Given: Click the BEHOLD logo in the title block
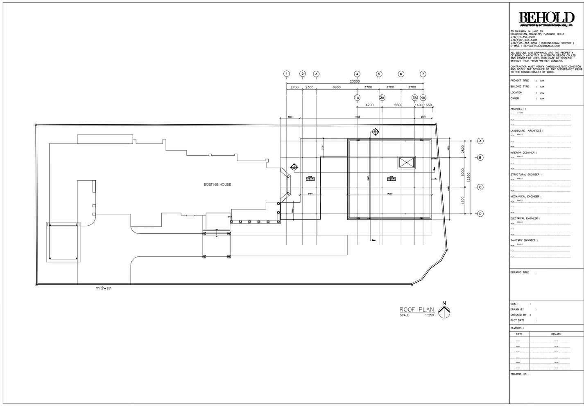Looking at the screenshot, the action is [546, 18].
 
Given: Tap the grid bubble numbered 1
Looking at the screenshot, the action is [287, 74].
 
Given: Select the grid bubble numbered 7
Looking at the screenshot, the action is [423, 74].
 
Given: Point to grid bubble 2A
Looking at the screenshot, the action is [382, 98].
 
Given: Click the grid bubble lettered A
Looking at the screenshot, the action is [480, 141].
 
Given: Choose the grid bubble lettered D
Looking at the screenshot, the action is [480, 213].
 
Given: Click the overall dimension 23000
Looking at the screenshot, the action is [355, 81].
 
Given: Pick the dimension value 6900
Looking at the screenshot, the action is [336, 87].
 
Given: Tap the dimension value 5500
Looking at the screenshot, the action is [398, 105].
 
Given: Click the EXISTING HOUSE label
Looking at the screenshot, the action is [217, 185].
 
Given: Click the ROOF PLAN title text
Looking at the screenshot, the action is [416, 309].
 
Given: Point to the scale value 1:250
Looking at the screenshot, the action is [430, 315].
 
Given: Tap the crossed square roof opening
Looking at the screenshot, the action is [407, 163].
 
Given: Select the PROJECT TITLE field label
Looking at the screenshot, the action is [520, 81].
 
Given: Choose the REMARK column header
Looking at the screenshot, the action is [556, 334].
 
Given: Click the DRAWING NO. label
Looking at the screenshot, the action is [519, 374].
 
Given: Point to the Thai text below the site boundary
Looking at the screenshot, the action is [104, 288].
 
